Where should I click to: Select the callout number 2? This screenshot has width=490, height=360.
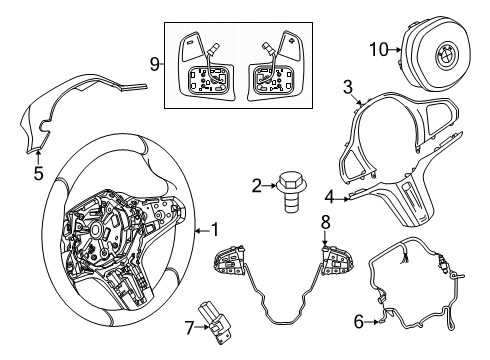tap(256, 184)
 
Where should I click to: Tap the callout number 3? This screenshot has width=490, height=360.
tap(347, 88)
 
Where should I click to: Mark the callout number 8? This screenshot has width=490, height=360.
tap(325, 247)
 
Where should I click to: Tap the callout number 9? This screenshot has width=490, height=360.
tap(155, 64)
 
